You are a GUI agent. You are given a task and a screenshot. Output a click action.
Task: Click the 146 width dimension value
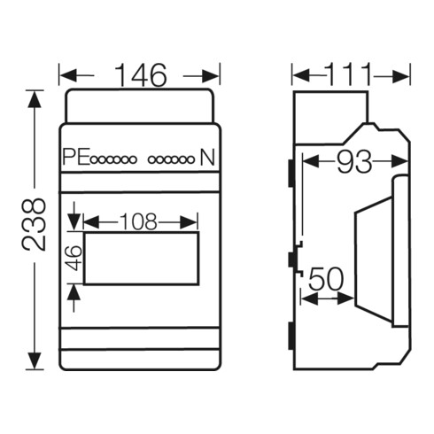[x=141, y=75]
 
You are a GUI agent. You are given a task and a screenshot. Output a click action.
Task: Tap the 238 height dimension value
[x=35, y=225]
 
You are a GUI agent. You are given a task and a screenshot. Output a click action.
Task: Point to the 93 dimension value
[x=354, y=162]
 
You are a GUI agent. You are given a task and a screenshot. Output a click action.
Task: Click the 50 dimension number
[x=327, y=279]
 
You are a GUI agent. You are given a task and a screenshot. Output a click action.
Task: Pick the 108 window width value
[x=139, y=221]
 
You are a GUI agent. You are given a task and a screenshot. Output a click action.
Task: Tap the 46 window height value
[x=74, y=258]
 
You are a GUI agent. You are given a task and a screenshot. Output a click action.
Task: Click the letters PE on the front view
[x=76, y=157]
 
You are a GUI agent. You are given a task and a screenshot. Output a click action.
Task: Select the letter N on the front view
[x=207, y=157]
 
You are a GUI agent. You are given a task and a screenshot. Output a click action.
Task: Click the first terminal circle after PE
[x=95, y=160]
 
